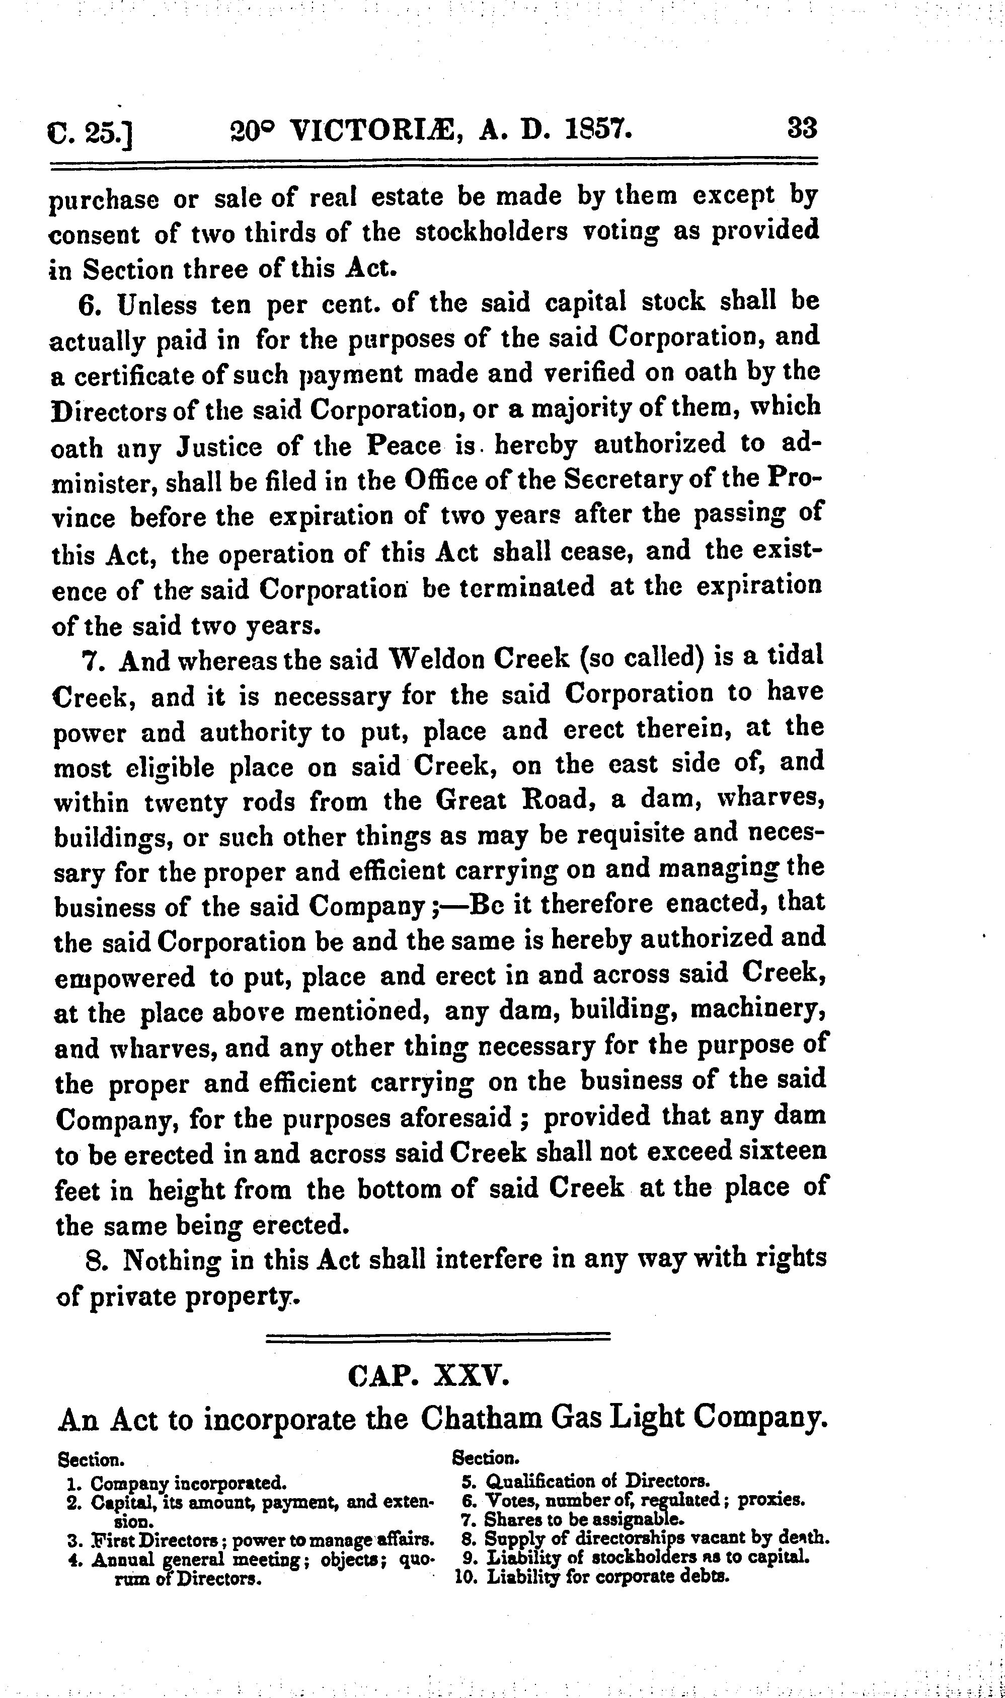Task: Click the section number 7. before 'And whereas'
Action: [x=93, y=661]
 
